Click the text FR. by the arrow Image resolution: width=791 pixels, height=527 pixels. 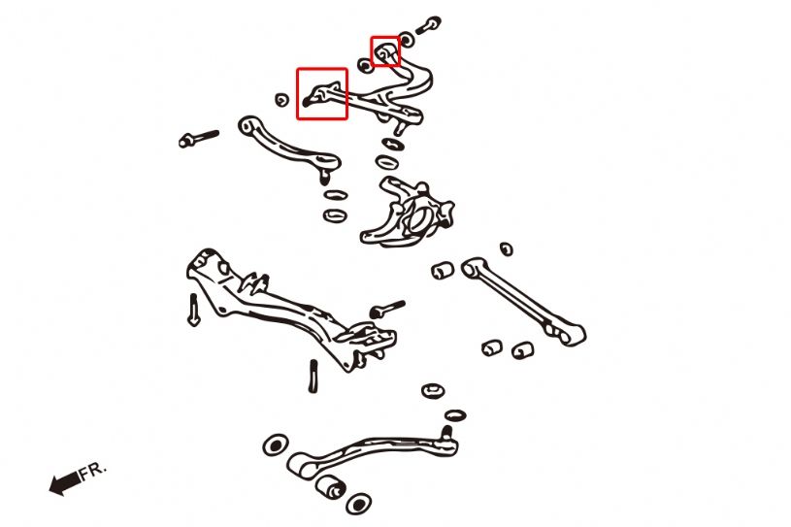93,471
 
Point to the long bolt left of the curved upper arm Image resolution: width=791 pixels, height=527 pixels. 199,139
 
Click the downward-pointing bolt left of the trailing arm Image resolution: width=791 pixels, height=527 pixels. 194,310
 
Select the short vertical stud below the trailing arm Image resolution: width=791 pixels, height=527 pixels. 313,376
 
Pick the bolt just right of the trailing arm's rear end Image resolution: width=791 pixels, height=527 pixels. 387,309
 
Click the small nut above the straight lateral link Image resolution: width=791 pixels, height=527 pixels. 507,248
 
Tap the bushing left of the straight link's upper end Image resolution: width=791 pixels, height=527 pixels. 443,270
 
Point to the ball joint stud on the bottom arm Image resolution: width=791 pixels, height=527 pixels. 446,433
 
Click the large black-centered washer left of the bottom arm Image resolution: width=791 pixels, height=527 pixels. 276,445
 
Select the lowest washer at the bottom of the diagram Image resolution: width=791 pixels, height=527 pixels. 359,504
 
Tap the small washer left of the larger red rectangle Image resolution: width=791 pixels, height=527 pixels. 282,100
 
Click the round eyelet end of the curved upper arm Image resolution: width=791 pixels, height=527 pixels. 247,124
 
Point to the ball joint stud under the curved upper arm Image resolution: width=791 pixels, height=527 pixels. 325,176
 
